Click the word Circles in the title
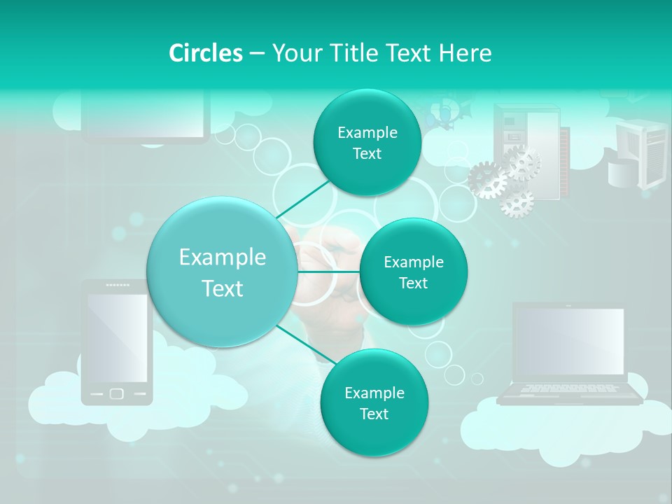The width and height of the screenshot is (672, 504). (x=205, y=53)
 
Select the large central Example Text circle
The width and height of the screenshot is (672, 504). (x=222, y=272)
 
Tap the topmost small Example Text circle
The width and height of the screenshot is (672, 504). (x=367, y=143)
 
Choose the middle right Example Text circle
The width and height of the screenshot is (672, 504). (x=413, y=272)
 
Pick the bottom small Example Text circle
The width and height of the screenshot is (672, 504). (x=374, y=402)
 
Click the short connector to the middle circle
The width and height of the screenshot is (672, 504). (x=328, y=272)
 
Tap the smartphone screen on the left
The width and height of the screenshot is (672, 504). (x=117, y=336)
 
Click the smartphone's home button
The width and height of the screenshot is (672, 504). (x=117, y=394)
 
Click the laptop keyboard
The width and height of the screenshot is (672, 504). (x=568, y=388)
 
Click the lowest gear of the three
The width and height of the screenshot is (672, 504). (x=517, y=202)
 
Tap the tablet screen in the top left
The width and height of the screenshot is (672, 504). (x=146, y=115)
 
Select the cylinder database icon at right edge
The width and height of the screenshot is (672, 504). (x=623, y=173)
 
